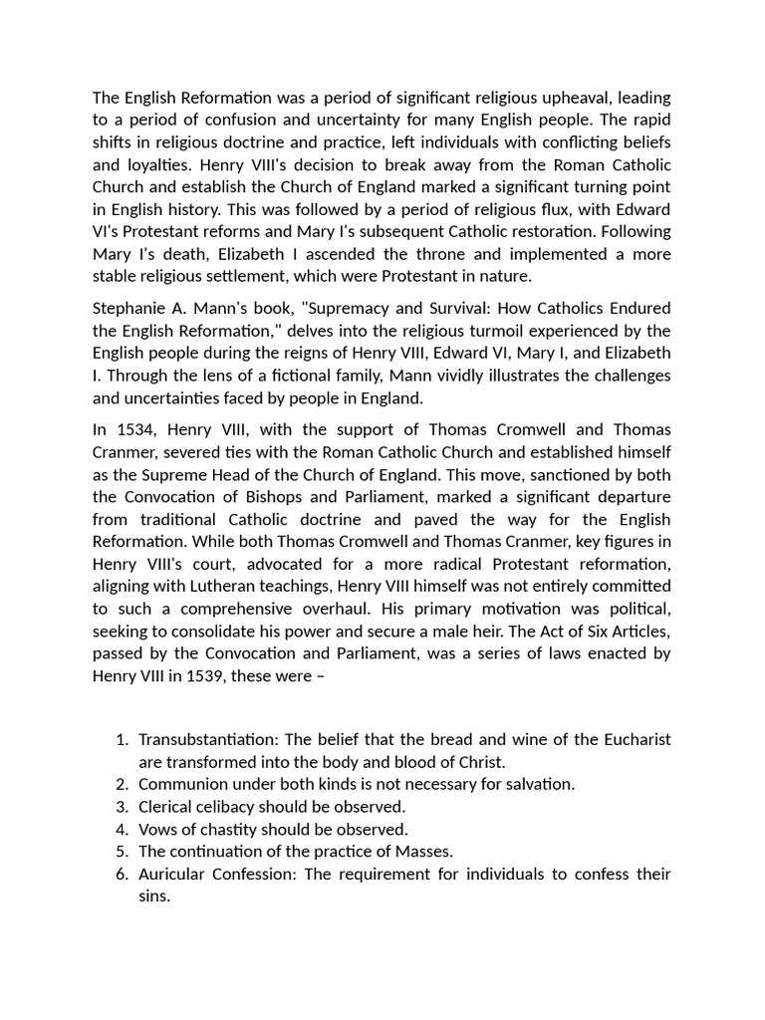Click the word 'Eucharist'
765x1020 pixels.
click(x=635, y=739)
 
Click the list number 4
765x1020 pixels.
click(x=122, y=829)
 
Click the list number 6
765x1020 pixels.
click(x=122, y=874)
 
